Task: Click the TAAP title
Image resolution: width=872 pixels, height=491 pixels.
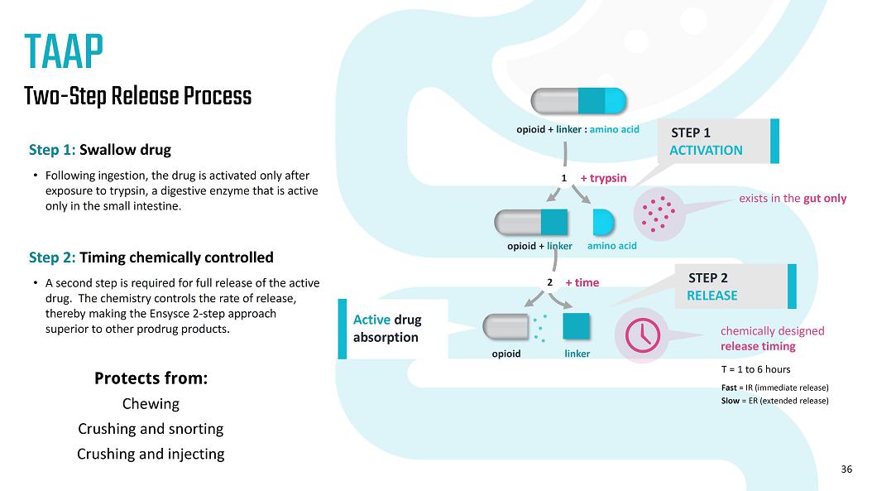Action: coord(64,52)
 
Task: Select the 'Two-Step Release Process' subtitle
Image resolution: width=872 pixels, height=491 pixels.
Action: coord(137,96)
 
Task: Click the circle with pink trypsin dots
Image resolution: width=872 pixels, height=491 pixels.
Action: coord(659,214)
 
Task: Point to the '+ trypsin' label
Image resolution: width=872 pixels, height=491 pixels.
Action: coord(603,178)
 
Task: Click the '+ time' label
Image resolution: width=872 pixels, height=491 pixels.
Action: coord(582,282)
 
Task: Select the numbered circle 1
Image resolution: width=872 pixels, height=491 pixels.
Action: coord(563,178)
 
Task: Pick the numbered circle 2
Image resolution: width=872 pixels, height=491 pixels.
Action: coord(549,282)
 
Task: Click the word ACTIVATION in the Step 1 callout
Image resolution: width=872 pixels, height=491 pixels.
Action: coord(706,150)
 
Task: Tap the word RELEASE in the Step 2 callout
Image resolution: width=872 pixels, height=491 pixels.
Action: coord(711,296)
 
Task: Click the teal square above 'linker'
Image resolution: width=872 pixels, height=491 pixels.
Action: coord(577,325)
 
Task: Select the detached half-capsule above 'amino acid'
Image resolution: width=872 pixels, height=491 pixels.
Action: coord(604,222)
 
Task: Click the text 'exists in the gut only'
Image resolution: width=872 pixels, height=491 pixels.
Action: coord(793,199)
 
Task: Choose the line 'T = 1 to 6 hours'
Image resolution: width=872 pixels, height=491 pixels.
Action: coord(757,369)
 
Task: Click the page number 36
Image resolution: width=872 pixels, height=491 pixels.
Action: coord(846,469)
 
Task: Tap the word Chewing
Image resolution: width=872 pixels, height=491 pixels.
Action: coord(151,404)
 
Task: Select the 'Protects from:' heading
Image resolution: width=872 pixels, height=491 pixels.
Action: coord(151,378)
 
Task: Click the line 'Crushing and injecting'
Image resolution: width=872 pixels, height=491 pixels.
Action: coord(151,454)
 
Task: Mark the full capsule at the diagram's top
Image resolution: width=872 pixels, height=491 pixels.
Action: coord(578,100)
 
